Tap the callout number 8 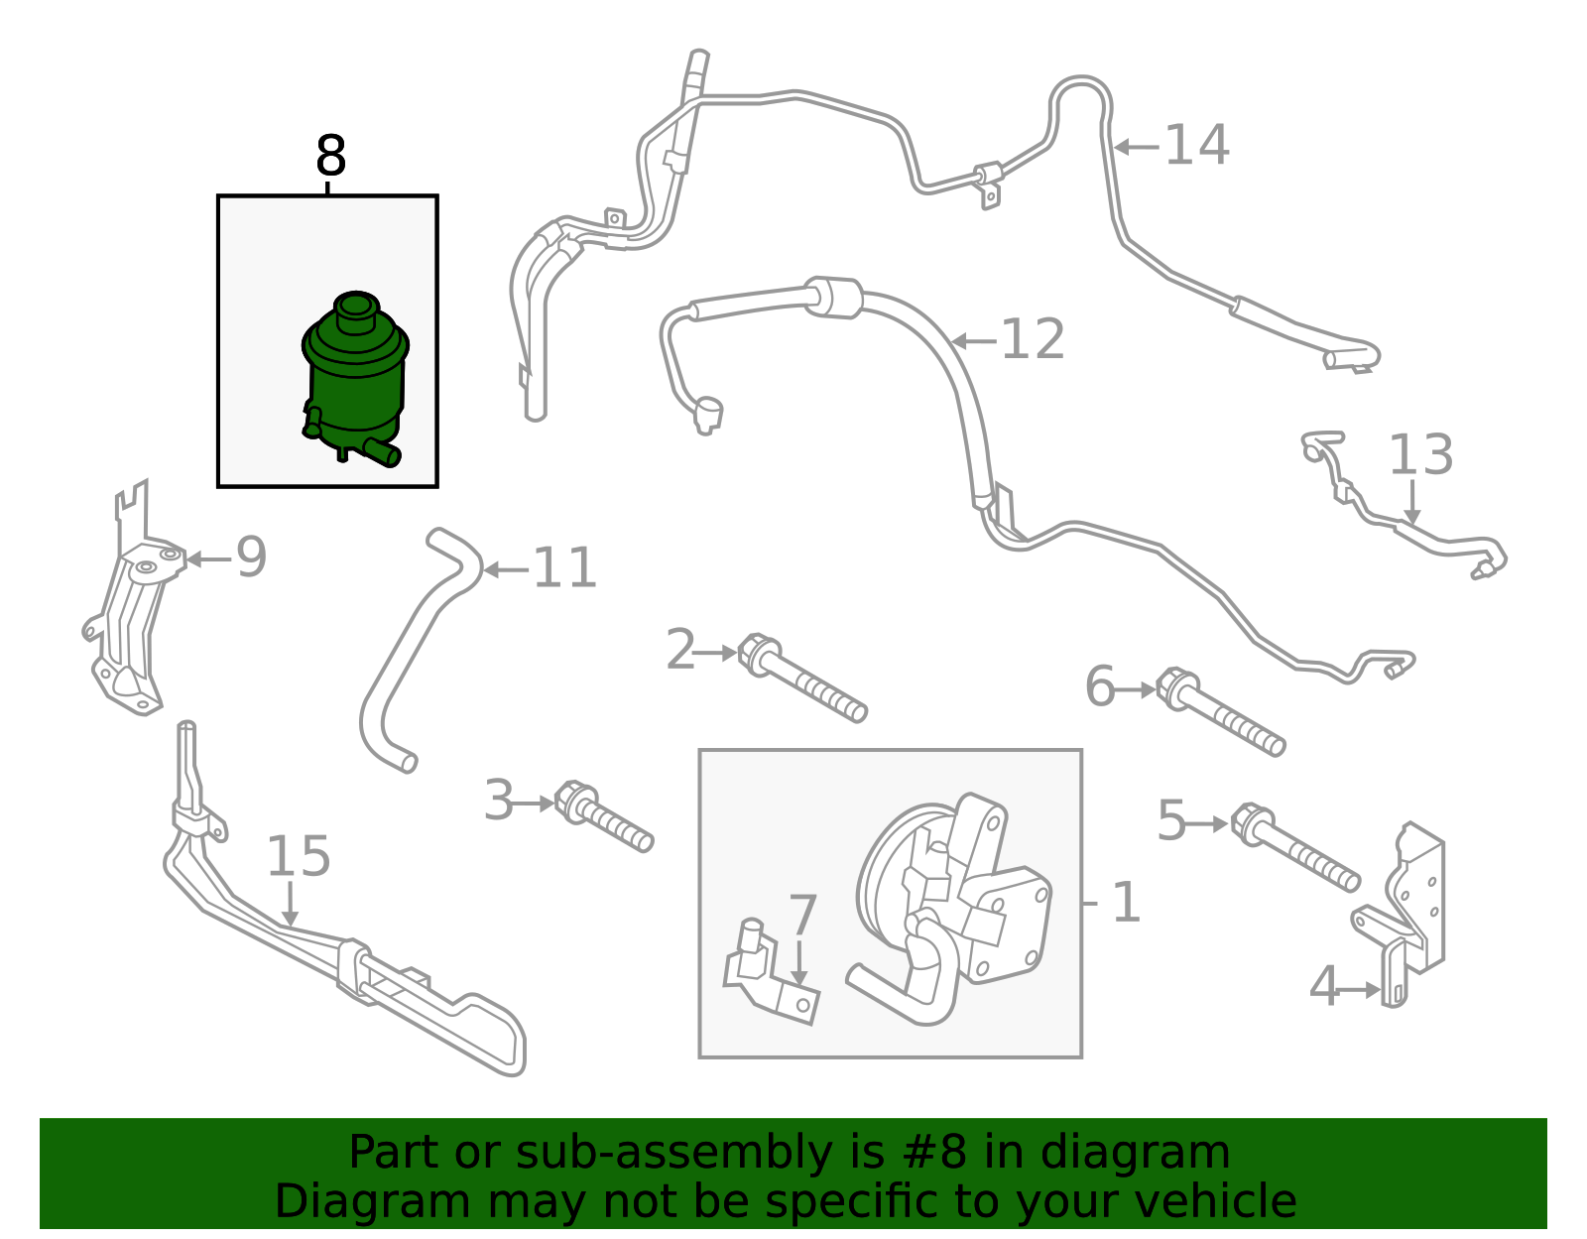(x=331, y=156)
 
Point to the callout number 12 (x=1033, y=339)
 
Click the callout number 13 (x=1420, y=455)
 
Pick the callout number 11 (x=565, y=568)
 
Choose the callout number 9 (x=251, y=558)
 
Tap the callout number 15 (x=299, y=856)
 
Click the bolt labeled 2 (x=801, y=679)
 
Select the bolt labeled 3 (x=604, y=816)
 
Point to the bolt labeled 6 (x=1220, y=712)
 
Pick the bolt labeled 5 (x=1294, y=847)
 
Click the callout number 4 (x=1323, y=987)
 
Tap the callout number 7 (x=802, y=915)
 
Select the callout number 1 (x=1126, y=903)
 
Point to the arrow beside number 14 (x=1137, y=148)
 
